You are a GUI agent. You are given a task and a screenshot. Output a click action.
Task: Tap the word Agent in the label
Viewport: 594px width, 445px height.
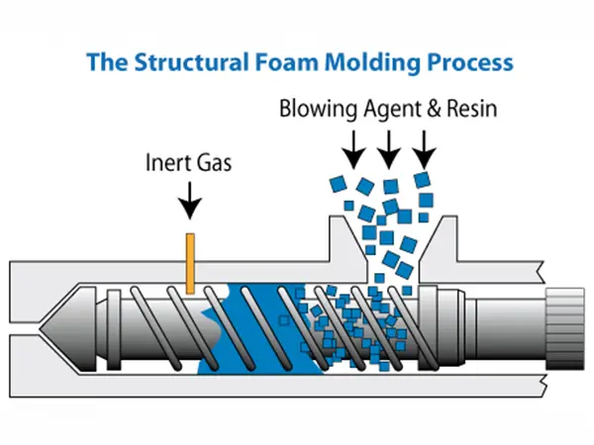click(396, 110)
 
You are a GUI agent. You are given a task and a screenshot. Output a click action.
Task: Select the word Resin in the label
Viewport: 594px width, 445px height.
click(472, 109)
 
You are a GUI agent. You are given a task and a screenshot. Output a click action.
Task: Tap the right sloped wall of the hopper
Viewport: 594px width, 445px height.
click(437, 242)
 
